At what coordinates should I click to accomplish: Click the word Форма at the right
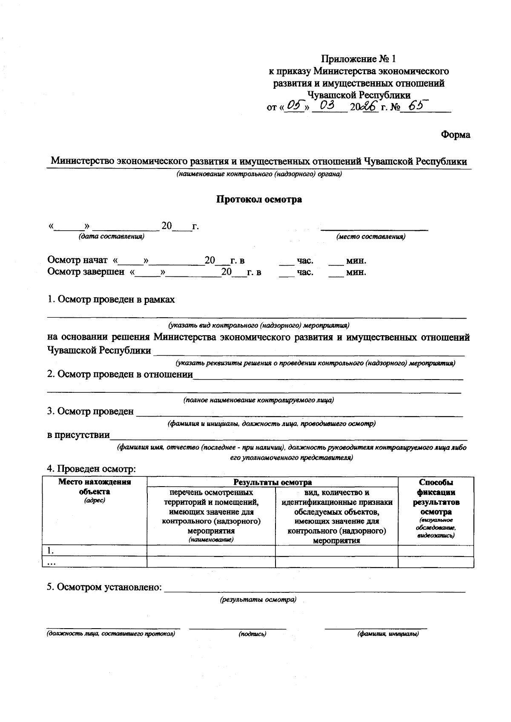point(456,135)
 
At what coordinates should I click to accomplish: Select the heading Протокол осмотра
point(259,199)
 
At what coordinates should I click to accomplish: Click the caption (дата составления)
point(111,237)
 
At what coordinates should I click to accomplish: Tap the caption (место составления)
point(370,237)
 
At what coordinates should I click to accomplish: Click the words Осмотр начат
point(78,261)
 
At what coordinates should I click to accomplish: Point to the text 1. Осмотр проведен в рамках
point(111,299)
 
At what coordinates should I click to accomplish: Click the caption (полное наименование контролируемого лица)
point(258,400)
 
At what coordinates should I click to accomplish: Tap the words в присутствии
point(78,435)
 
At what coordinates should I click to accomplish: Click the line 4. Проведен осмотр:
point(91,469)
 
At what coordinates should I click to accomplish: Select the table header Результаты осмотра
point(273,482)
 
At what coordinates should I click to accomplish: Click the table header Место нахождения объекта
point(95,487)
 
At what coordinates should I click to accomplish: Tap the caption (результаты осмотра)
point(258,600)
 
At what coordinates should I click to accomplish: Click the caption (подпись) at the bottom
point(253,634)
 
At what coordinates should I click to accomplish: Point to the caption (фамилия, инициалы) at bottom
point(388,634)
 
